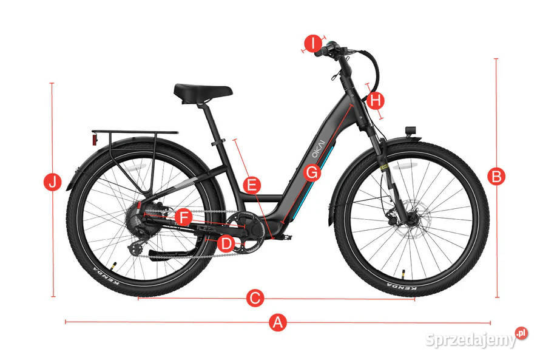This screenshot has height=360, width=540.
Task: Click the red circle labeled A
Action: coord(277,322)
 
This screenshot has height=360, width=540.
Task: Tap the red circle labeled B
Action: coord(496,177)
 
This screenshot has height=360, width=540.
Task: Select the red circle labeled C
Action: coord(255,298)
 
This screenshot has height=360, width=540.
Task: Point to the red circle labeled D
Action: coord(226,244)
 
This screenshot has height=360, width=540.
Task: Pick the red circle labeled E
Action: coord(252,185)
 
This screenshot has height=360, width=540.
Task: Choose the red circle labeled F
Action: coord(184,218)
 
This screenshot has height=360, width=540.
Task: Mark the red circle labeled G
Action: coord(312,172)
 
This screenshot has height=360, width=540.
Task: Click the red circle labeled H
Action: coord(376,101)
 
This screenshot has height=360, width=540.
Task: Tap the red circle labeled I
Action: coord(313,44)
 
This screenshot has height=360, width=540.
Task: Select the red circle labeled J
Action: coord(53,182)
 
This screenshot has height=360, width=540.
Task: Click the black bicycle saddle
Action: coord(203,93)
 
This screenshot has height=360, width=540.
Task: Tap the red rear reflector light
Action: coord(95,139)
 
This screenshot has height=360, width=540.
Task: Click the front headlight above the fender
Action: coord(411,131)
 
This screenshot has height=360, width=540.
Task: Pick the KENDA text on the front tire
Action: coord(402,285)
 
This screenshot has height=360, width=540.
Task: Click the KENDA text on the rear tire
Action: coord(106,276)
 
